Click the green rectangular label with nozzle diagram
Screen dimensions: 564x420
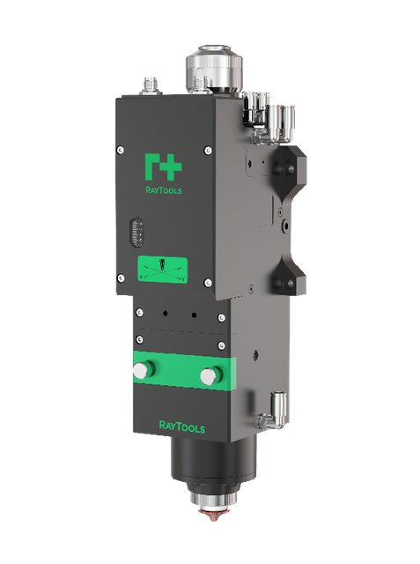(164, 268)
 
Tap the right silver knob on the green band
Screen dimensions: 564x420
(208, 376)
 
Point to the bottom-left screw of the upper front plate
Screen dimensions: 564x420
(121, 275)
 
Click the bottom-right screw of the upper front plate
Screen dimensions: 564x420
(207, 283)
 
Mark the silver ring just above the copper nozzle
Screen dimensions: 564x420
(209, 511)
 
